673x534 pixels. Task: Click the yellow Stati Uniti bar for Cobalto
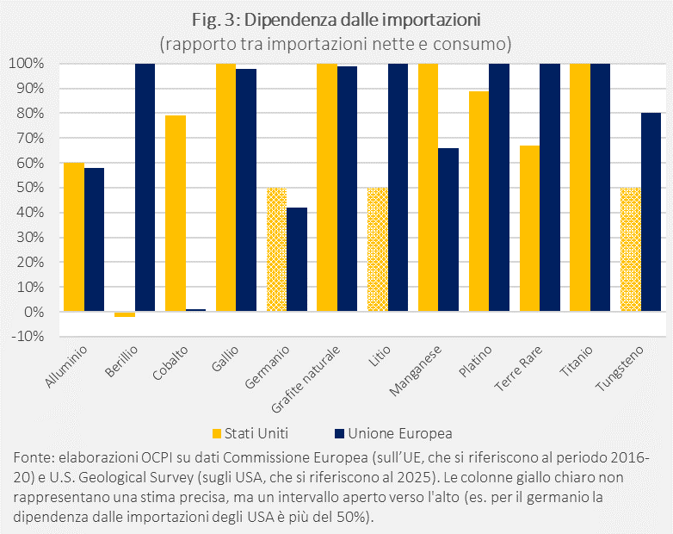click(x=176, y=213)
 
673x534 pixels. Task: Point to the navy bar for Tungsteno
click(x=651, y=212)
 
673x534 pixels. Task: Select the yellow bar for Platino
click(x=479, y=201)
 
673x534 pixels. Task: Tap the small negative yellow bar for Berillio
click(x=125, y=314)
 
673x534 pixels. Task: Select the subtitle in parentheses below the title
click(x=336, y=40)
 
